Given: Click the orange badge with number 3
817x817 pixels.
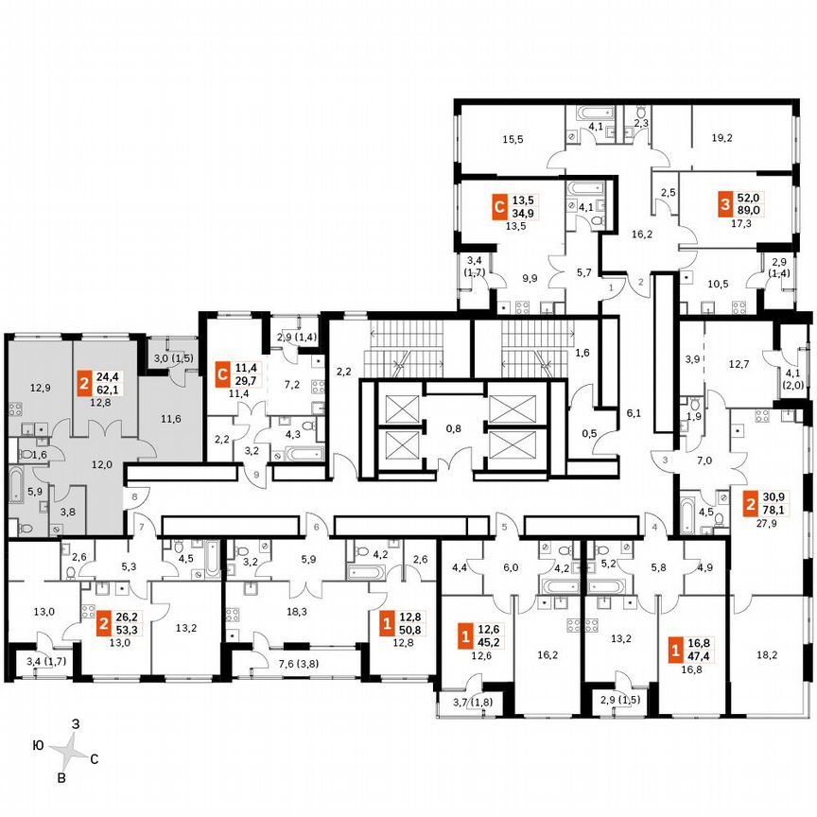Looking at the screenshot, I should [725, 204].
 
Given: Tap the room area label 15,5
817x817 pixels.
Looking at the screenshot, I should [513, 139].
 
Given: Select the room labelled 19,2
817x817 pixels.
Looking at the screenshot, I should [721, 137].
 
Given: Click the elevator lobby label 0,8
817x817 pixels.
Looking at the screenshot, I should [452, 426].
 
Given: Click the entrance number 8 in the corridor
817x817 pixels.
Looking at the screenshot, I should [135, 495].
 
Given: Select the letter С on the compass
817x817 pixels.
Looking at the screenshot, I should [94, 758].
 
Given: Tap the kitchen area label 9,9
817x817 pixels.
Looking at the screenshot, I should [529, 278].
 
